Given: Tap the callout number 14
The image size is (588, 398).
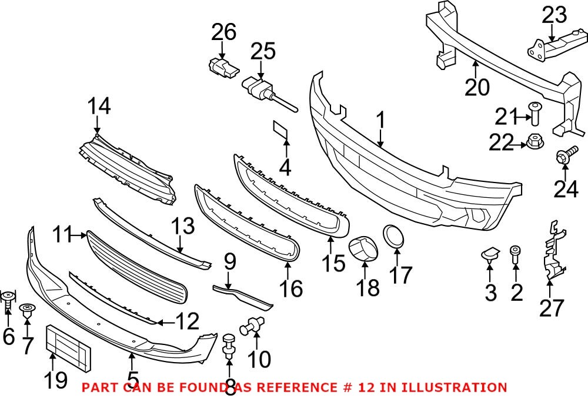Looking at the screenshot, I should pyautogui.click(x=99, y=107).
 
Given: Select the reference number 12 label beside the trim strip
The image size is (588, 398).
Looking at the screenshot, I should pyautogui.click(x=188, y=321).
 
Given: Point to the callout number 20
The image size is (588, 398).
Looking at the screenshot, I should pyautogui.click(x=477, y=87).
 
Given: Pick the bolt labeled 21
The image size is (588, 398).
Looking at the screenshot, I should pyautogui.click(x=535, y=112).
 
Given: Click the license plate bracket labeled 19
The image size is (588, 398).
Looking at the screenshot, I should pyautogui.click(x=68, y=347).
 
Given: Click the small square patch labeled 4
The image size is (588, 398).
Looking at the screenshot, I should pyautogui.click(x=280, y=131).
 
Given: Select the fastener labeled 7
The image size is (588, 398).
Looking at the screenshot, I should pyautogui.click(x=27, y=310).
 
